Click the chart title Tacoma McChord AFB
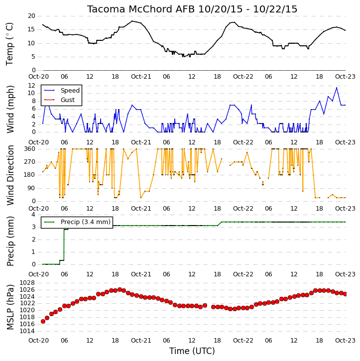click(141, 9)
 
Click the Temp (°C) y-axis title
click(9, 44)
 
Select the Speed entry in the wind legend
click(70, 90)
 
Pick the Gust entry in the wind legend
click(68, 100)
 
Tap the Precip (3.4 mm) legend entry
click(86, 222)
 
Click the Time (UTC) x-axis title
click(192, 351)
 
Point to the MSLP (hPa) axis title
click(10, 307)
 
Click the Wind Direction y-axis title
click(10, 175)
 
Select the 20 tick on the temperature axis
click(31, 16)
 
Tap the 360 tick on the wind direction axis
click(30, 149)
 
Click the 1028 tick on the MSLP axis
click(27, 283)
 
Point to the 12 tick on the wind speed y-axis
click(31, 86)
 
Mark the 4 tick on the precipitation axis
click(33, 215)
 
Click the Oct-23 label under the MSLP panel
click(345, 340)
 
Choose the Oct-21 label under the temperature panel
click(141, 77)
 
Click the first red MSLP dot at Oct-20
click(43, 321)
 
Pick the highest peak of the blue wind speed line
click(337, 88)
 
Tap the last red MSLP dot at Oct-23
click(345, 294)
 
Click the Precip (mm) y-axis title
click(10, 241)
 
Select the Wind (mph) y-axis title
click(10, 109)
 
